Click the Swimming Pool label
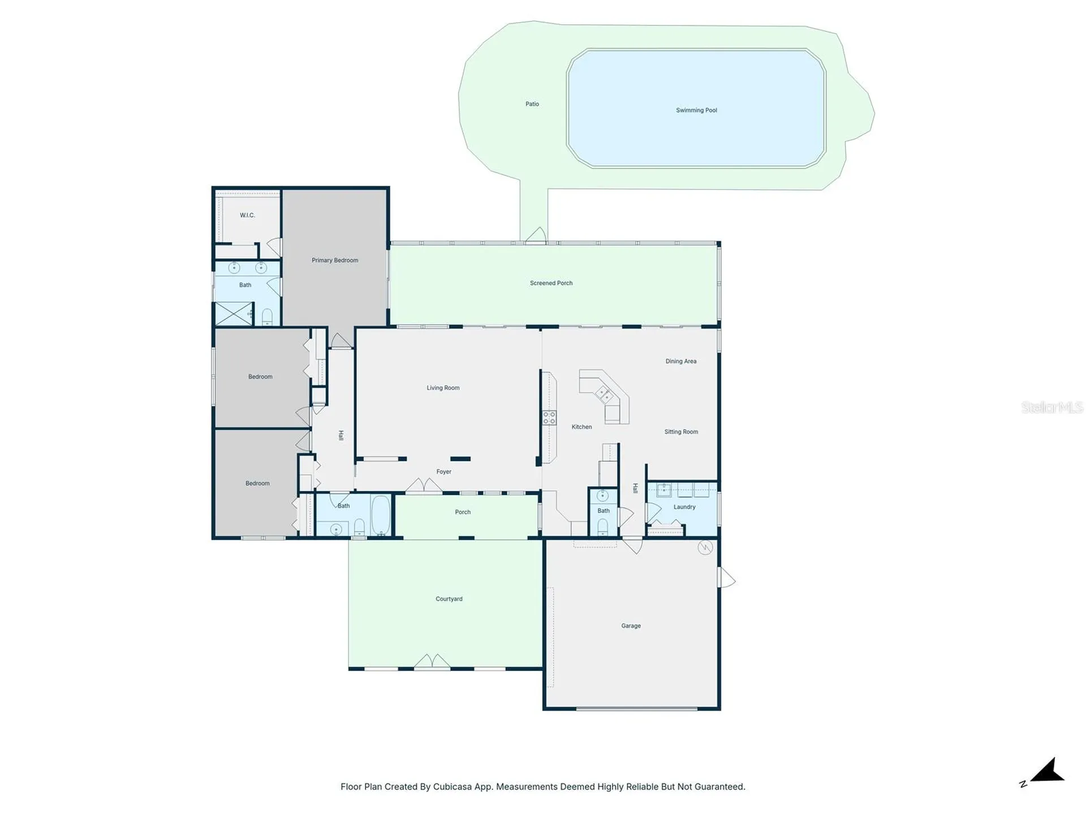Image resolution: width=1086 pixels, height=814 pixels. [696, 110]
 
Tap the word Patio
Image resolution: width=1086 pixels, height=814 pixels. [532, 104]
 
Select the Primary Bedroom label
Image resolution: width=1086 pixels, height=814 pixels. [335, 261]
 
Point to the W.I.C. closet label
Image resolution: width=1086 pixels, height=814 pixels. [247, 215]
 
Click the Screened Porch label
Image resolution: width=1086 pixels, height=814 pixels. [551, 283]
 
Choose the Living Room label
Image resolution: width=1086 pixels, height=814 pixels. [443, 388]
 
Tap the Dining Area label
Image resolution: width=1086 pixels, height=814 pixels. [681, 361]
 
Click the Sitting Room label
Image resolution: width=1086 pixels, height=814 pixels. [681, 432]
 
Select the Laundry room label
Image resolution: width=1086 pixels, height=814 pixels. [684, 507]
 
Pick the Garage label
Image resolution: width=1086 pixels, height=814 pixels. [631, 626]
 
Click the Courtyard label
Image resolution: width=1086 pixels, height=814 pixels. [449, 599]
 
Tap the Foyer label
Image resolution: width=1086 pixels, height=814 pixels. [444, 471]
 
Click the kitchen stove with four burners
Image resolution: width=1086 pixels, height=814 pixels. [549, 418]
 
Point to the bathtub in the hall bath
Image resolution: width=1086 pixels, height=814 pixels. [381, 514]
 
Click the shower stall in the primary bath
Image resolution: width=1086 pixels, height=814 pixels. [234, 314]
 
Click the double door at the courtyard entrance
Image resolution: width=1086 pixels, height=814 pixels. [432, 662]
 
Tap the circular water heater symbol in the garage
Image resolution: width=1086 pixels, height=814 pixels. [705, 547]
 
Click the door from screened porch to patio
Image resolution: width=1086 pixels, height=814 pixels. [536, 236]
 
